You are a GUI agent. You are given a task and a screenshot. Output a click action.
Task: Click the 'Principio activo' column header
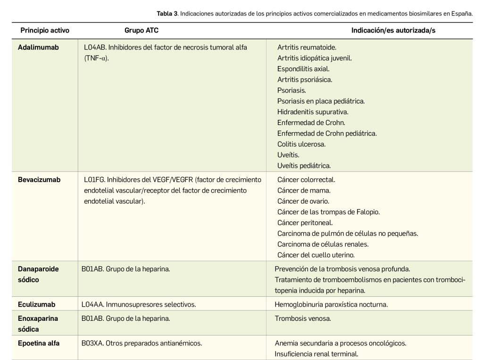(x=45, y=30)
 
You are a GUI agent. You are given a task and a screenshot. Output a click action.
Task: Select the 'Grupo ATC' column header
(x=142, y=30)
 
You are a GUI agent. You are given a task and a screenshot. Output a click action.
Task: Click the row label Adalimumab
(x=38, y=47)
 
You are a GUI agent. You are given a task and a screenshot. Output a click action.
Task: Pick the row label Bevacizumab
(x=39, y=180)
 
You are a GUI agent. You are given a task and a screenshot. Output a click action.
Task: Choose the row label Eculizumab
(x=36, y=304)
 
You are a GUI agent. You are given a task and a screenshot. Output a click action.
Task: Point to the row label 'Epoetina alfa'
(x=39, y=343)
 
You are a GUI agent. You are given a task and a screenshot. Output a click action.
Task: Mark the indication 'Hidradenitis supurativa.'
(x=313, y=112)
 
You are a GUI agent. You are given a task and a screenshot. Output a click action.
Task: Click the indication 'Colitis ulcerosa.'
(x=301, y=144)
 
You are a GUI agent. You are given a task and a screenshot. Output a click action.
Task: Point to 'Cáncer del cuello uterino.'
(x=316, y=255)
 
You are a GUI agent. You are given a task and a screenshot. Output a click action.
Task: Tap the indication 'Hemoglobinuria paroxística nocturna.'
(x=331, y=304)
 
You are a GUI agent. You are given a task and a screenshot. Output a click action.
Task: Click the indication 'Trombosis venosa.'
(x=303, y=318)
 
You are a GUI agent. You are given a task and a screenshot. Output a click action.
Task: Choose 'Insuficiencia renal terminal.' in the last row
(x=316, y=354)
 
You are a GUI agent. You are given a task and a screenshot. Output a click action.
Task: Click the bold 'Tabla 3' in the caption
(x=167, y=13)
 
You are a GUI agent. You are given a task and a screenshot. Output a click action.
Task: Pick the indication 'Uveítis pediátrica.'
(x=304, y=166)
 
